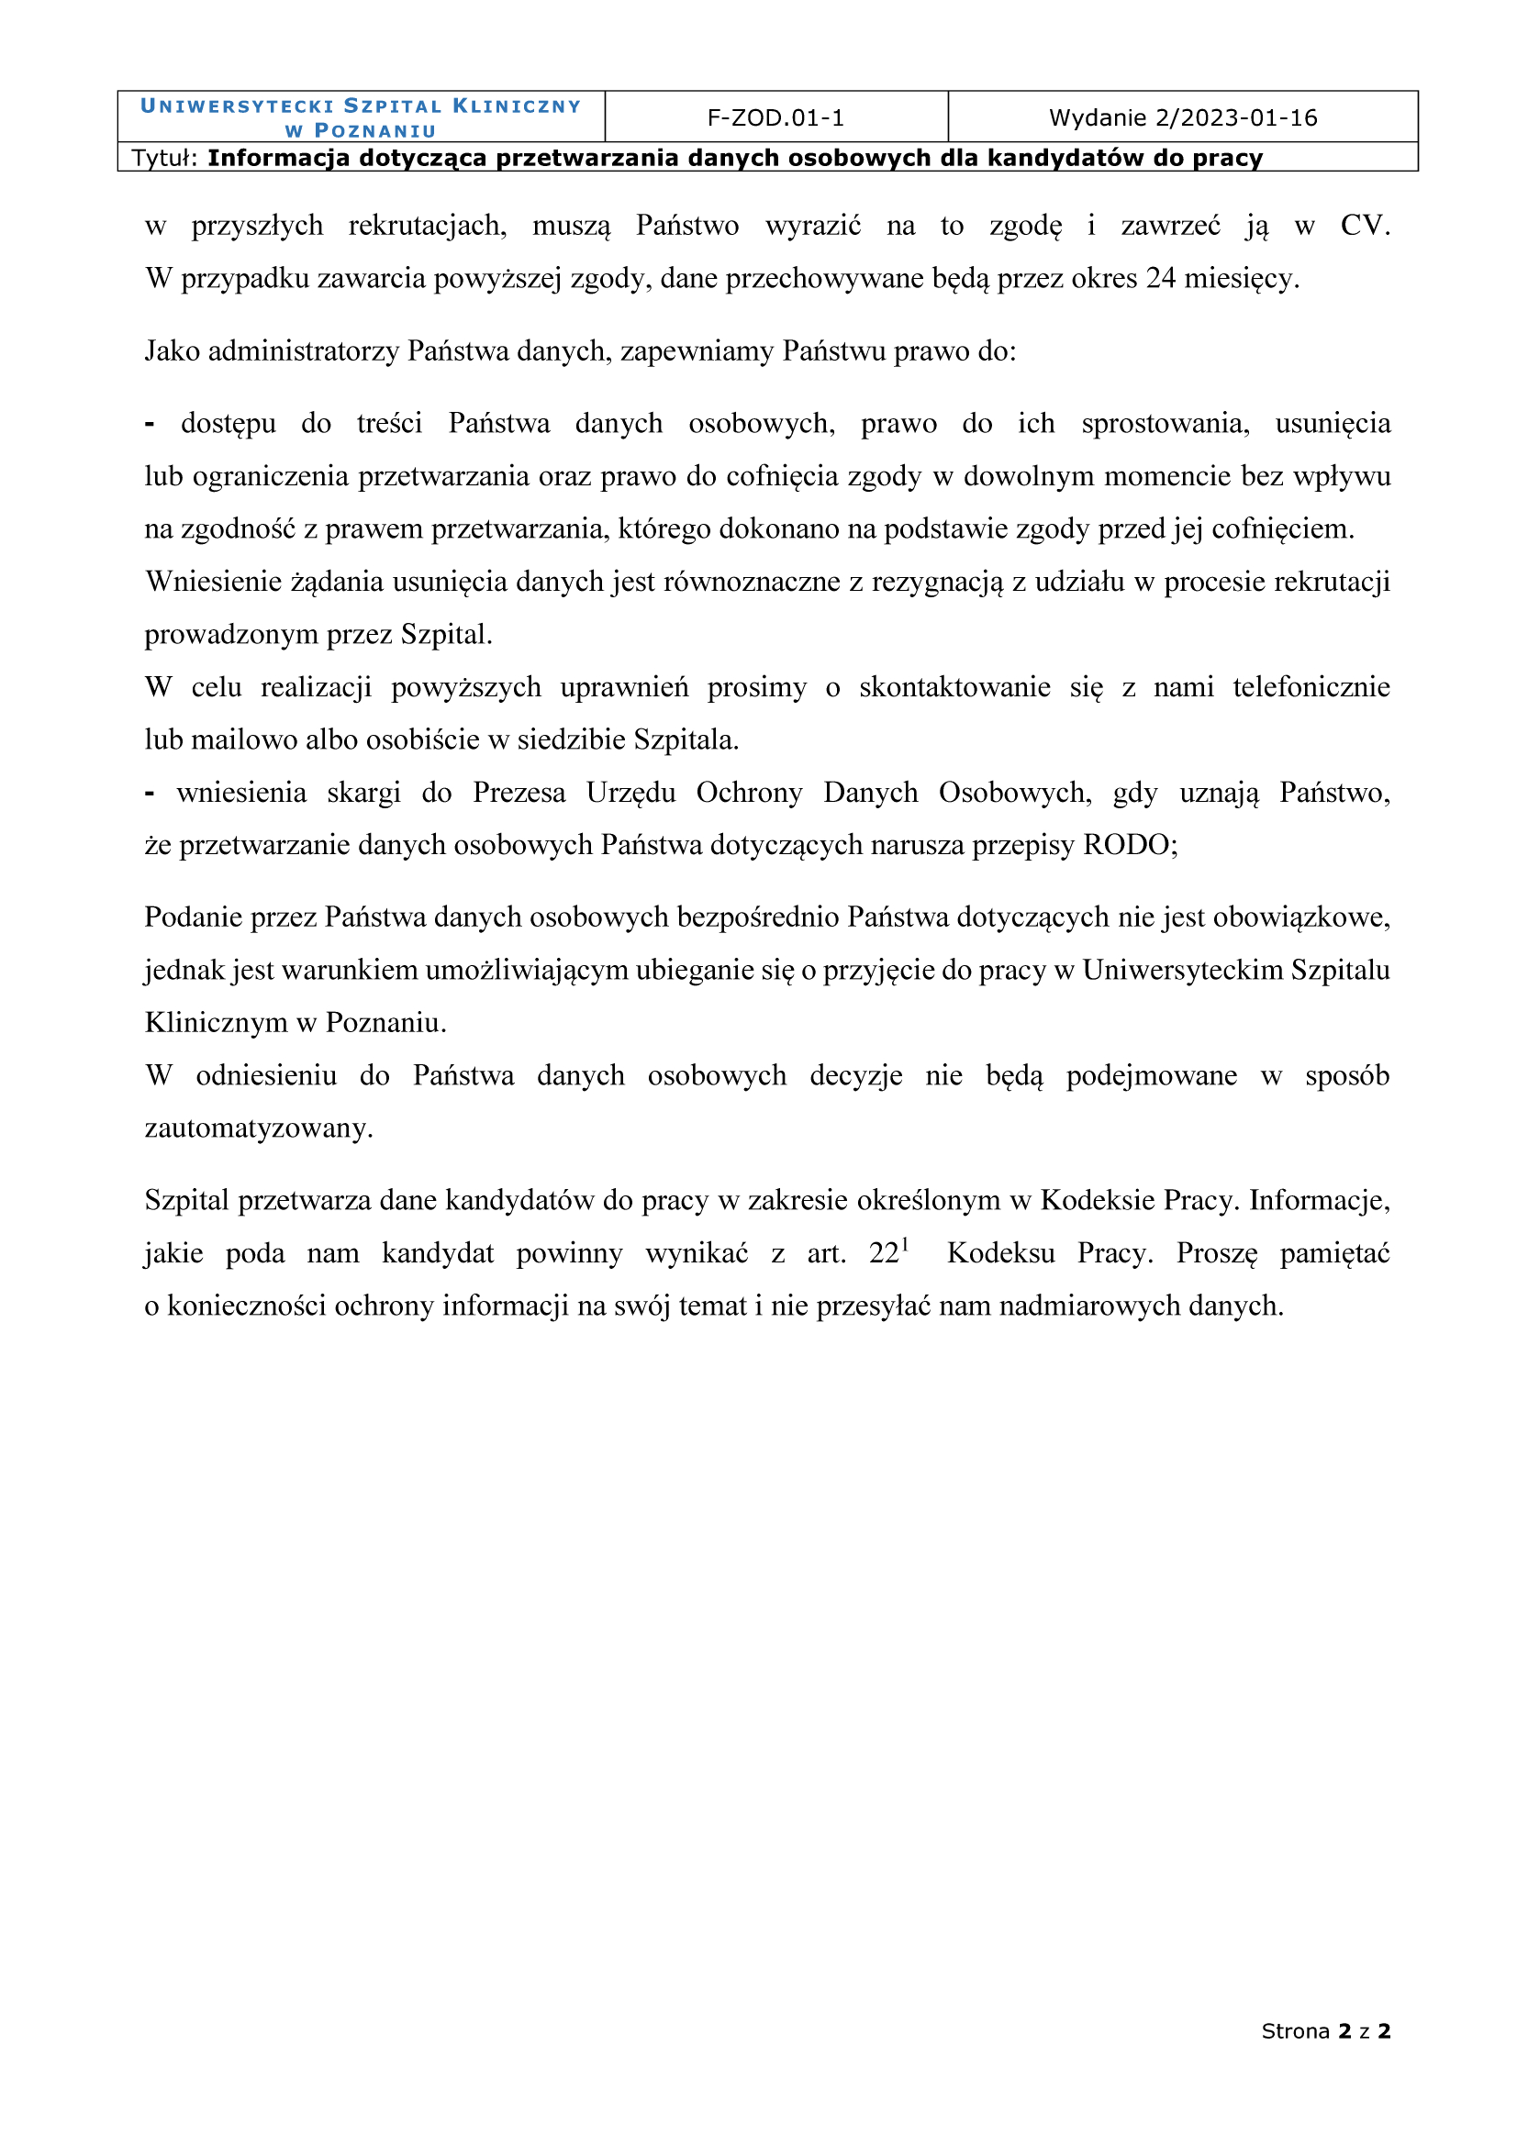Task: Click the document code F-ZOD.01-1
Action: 775,117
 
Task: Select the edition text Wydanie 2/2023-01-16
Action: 1182,117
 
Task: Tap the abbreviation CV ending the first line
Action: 1364,226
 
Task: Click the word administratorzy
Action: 304,351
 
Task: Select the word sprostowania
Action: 1165,423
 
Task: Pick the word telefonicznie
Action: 1311,686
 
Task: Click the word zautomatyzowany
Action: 258,1128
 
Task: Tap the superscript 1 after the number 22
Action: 905,1244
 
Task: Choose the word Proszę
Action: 1216,1253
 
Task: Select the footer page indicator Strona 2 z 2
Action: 1325,2030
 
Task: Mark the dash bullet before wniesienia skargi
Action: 150,794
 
